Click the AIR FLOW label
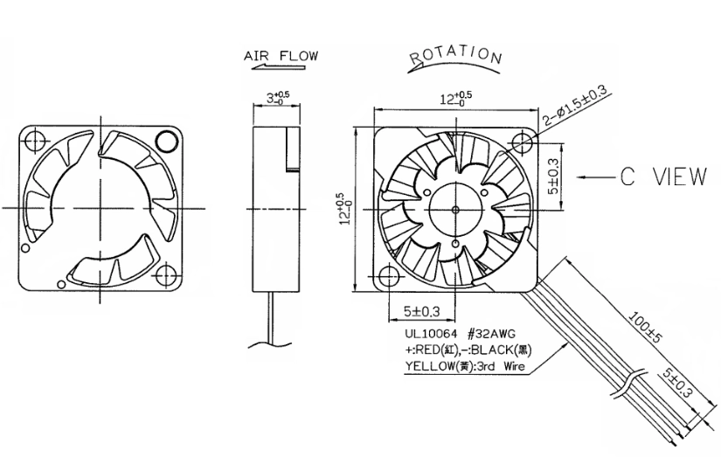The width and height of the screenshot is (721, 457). pos(281,56)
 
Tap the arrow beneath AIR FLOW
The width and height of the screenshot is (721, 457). pos(278,67)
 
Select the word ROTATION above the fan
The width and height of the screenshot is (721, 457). pos(455,55)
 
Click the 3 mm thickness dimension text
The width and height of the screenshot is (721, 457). pos(278,98)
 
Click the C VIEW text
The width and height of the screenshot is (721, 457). pos(663,177)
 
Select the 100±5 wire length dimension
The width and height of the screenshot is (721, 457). pos(644,328)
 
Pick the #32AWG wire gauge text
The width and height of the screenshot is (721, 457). pos(491,334)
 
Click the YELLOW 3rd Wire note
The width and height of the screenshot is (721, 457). pos(464,366)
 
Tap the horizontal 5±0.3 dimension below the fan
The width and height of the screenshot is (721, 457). pos(421,312)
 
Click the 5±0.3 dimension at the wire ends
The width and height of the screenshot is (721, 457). pos(676,383)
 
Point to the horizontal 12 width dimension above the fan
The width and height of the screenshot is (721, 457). pos(455,98)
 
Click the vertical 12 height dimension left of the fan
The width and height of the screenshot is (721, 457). pos(345,209)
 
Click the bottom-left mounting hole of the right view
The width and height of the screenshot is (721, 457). pos(389,277)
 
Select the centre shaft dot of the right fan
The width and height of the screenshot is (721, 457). pos(455,210)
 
